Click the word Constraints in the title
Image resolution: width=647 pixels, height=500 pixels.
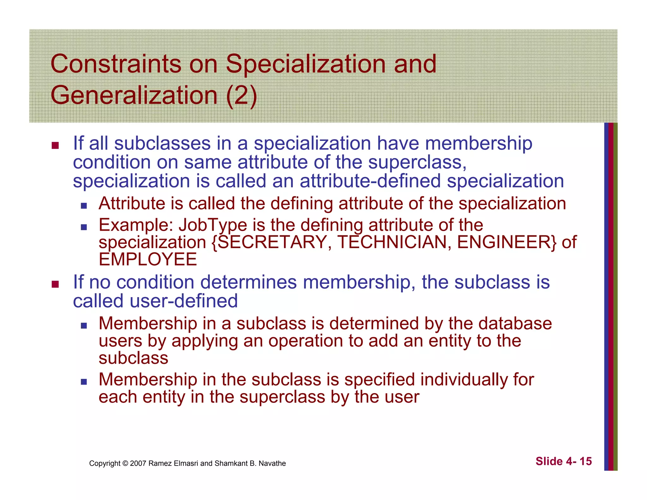coord(116,64)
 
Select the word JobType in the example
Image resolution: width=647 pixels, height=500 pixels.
coord(213,226)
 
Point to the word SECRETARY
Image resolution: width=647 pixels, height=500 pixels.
coord(271,243)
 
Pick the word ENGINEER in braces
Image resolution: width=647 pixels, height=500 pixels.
coord(504,243)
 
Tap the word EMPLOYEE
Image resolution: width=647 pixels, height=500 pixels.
coord(148,260)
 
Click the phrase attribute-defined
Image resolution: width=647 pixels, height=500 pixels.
coord(370,181)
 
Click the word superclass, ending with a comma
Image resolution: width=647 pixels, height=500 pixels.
coord(417,163)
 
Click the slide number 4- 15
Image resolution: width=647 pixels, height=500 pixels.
coord(578,462)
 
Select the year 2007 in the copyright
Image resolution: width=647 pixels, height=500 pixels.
coord(138,464)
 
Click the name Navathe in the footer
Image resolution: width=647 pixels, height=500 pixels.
coord(272,464)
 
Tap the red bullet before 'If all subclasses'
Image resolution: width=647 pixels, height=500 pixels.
coord(55,146)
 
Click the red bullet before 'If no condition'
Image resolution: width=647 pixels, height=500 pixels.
coord(55,284)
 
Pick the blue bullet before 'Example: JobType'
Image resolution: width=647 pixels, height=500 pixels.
coord(83,227)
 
